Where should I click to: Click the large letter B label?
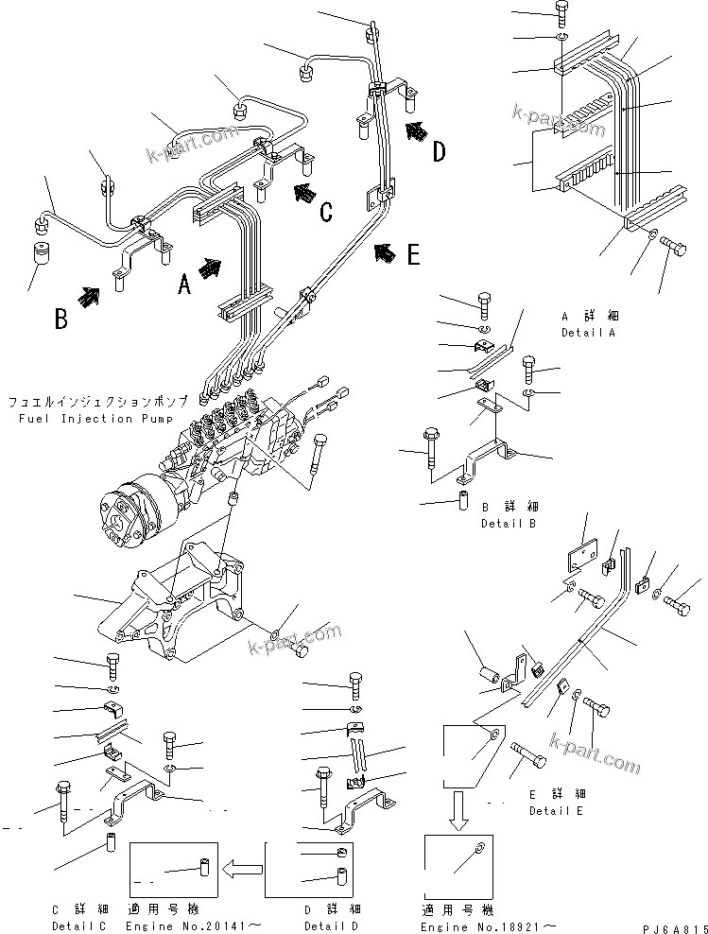60,318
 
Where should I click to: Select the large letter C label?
325,212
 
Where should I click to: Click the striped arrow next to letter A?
212,268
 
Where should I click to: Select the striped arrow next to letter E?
385,251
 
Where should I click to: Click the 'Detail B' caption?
509,523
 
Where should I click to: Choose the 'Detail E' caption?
557,811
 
